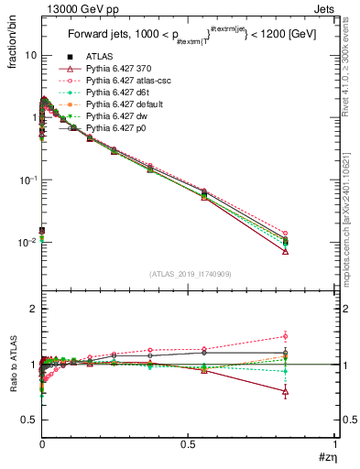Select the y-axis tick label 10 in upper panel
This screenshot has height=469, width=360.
pyautogui.click(x=29, y=55)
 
